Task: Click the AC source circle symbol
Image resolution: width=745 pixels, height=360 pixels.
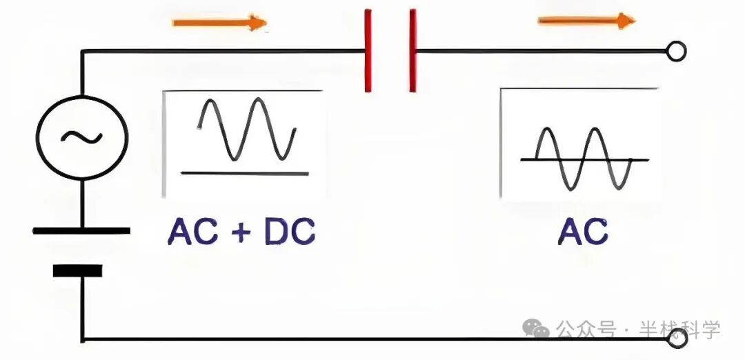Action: (x=81, y=137)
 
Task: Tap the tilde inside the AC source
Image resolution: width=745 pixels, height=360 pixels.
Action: (x=81, y=137)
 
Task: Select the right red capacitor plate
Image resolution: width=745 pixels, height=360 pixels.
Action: (x=413, y=50)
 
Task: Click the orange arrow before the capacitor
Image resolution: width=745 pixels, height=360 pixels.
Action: (x=219, y=23)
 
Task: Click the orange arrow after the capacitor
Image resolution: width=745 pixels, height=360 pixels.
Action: (x=586, y=21)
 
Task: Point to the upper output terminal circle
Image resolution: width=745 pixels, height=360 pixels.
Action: (x=677, y=51)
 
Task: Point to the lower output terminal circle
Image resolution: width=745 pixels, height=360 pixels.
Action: (x=678, y=339)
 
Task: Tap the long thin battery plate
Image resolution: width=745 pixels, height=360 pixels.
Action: (x=81, y=230)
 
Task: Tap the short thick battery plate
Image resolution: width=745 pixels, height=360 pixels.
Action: (x=77, y=270)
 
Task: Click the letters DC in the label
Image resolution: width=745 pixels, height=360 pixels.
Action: (x=290, y=232)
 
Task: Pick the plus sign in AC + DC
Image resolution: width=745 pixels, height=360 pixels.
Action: (x=241, y=233)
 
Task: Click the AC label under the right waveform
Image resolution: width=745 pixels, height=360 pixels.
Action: (x=584, y=232)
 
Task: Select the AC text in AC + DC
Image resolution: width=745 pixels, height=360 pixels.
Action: (x=191, y=232)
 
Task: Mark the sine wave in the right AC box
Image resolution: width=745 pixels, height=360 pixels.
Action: (x=584, y=159)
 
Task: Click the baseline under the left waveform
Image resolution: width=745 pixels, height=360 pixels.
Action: (x=244, y=173)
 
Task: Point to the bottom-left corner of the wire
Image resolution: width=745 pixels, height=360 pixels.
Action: (x=82, y=339)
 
